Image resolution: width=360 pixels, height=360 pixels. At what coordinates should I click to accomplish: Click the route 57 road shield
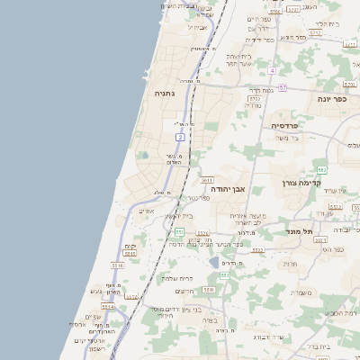(x=282, y=87)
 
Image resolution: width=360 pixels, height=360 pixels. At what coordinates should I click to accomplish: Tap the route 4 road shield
(x=271, y=69)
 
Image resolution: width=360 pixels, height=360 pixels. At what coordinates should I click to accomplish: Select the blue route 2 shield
(x=180, y=137)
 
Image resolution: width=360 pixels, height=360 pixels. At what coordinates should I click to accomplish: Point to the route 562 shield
(x=321, y=169)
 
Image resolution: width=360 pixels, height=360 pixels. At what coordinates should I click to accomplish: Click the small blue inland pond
(x=214, y=262)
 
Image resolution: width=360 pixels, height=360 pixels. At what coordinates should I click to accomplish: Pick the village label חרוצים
(x=184, y=290)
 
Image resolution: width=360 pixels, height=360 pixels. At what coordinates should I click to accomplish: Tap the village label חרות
(x=289, y=264)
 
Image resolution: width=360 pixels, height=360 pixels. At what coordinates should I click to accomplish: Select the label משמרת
(x=302, y=292)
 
